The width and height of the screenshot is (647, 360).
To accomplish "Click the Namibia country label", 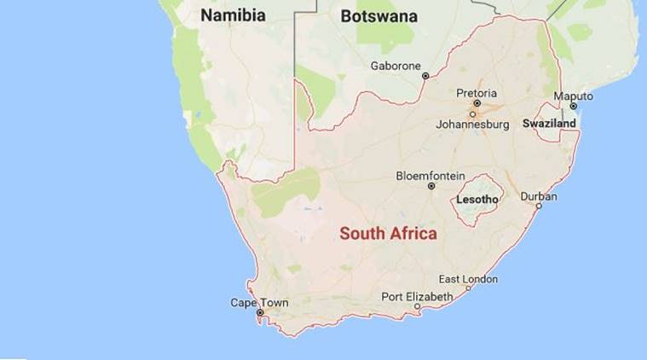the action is pos(233,15).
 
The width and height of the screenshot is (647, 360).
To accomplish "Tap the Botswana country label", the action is pos(378,15).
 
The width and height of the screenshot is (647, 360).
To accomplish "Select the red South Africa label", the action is pos(388,233).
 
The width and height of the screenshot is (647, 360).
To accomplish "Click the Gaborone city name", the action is pos(396,65).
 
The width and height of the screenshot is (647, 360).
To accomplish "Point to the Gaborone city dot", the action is pos(425,76).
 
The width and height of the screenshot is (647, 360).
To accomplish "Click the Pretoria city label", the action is pos(477,94).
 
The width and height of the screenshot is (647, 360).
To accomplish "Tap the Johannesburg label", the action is pos(472,124).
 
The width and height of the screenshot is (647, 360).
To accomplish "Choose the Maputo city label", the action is pos(573,96).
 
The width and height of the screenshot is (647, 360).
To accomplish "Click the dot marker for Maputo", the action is pos(574,106).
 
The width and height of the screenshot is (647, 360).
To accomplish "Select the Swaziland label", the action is pos(550,124).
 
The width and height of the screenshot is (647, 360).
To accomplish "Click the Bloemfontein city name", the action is pos(431,176).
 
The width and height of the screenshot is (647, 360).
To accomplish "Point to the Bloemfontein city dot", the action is pos(431,186).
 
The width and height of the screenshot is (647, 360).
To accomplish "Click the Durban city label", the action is pos(539,196).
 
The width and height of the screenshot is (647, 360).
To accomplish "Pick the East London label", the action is pos(468,279).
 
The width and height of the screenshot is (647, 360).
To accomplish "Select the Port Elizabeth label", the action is pos(417,296).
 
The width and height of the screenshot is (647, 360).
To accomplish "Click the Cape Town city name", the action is pos(259,303).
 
